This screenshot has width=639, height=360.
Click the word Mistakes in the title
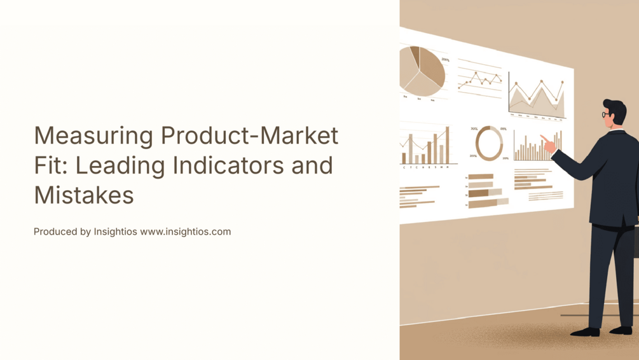click(84, 195)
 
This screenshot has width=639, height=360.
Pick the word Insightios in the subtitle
click(116, 232)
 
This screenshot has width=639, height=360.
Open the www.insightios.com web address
click(186, 232)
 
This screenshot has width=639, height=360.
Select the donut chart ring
click(489, 143)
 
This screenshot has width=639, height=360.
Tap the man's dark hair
click(615, 107)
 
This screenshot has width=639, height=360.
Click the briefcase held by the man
click(635, 242)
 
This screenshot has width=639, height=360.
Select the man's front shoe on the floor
click(584, 331)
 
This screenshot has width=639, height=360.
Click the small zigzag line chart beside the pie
click(479, 80)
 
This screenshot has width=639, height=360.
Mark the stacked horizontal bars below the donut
click(486, 191)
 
